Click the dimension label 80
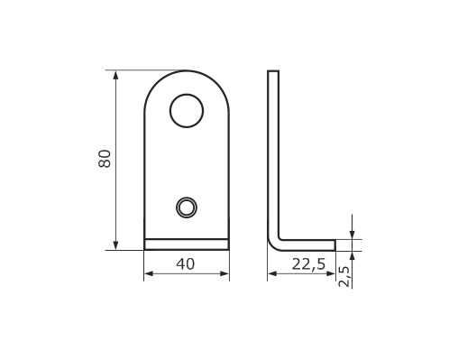pyautogui.click(x=105, y=159)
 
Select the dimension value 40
pyautogui.click(x=186, y=264)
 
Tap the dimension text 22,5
pyautogui.click(x=308, y=264)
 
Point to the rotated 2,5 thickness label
pyautogui.click(x=344, y=276)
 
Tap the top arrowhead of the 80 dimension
pyautogui.click(x=115, y=75)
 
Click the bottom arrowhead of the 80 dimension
pyautogui.click(x=115, y=245)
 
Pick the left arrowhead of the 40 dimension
pyautogui.click(x=149, y=273)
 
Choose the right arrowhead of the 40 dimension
pyautogui.click(x=224, y=273)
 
